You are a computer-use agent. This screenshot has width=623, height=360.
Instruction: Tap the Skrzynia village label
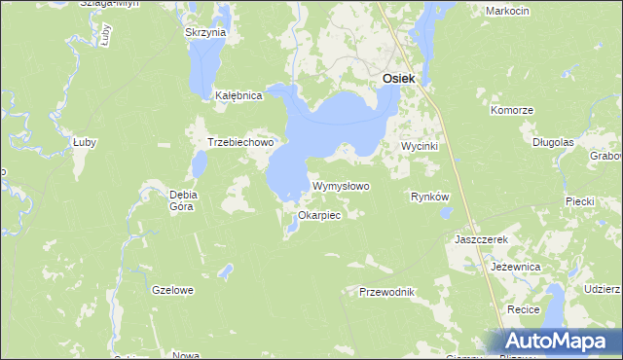(x=204, y=32)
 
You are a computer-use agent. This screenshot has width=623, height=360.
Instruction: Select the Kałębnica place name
(x=238, y=96)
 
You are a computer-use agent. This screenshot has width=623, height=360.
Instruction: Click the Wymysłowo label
(x=341, y=186)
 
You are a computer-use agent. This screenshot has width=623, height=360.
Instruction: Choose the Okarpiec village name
(x=319, y=215)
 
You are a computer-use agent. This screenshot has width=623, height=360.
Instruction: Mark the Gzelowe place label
(x=173, y=290)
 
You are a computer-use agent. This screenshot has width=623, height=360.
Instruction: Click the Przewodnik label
(x=386, y=292)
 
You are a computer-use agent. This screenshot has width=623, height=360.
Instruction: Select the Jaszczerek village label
(x=482, y=238)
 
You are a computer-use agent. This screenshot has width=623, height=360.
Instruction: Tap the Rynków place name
(x=429, y=197)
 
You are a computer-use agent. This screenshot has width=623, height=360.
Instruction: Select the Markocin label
(x=505, y=11)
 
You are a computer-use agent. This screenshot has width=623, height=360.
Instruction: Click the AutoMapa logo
(x=559, y=342)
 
